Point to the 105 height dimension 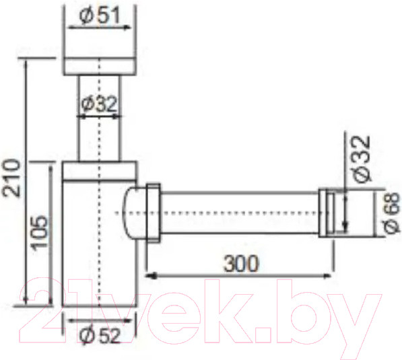coord(40,232)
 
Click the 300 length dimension coord(239,264)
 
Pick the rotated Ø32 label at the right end coord(361,158)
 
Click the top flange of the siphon coord(100,66)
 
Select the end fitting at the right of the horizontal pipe coord(329,212)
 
